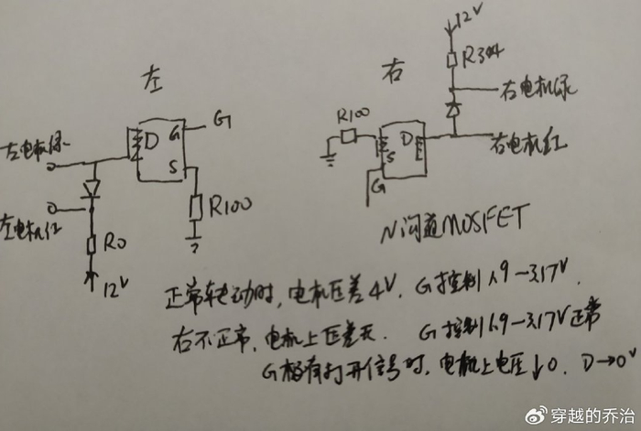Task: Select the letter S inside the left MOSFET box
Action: point(172,168)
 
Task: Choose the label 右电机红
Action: point(529,143)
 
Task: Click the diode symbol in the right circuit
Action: point(451,109)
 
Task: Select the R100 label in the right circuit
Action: point(353,117)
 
